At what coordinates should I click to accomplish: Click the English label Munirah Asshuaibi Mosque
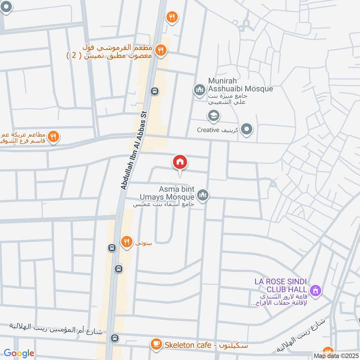coord(240,85)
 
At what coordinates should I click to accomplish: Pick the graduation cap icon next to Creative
coord(213,117)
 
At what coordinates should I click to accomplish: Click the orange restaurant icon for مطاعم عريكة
coord(54,136)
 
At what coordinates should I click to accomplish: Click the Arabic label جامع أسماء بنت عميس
coord(163,204)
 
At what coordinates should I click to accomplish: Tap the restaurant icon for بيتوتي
coord(126,242)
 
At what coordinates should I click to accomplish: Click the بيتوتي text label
coord(144,242)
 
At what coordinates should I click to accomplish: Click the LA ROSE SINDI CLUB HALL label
coord(280,285)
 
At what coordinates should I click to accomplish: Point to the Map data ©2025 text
coord(336,356)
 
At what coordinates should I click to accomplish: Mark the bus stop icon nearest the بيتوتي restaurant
coord(112,248)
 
